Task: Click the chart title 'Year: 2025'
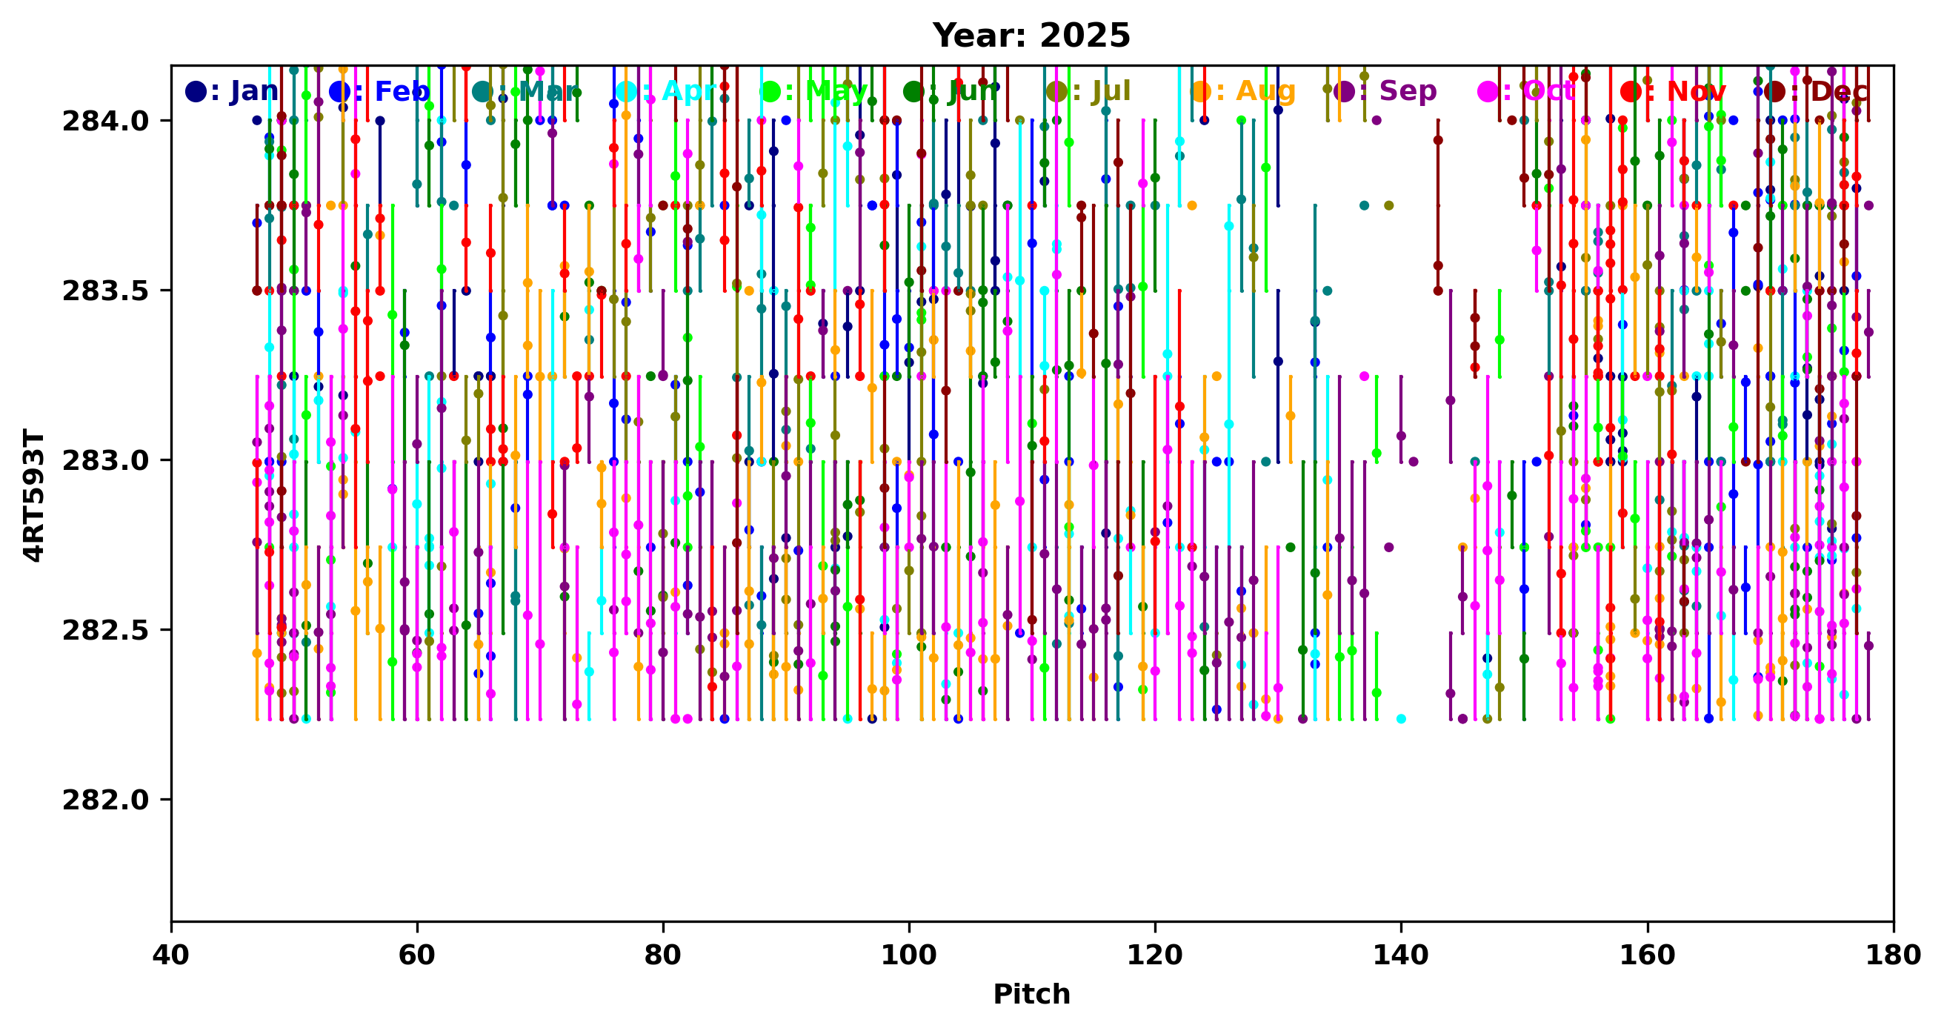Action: [x=1031, y=36]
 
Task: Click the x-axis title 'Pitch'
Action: [x=1031, y=994]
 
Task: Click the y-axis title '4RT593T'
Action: [x=34, y=495]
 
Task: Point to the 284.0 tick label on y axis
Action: [x=106, y=121]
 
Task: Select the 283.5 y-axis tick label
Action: [x=106, y=291]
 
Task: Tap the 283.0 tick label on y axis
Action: [x=106, y=460]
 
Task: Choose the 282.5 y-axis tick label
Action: [x=106, y=630]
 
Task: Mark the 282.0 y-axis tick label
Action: [x=106, y=799]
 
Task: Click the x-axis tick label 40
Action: [x=171, y=955]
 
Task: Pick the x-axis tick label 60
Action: [x=417, y=955]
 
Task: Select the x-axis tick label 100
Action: [x=908, y=955]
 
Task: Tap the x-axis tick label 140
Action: [x=1401, y=955]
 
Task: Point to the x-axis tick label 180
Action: [x=1893, y=955]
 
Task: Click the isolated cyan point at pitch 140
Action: [x=1402, y=718]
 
